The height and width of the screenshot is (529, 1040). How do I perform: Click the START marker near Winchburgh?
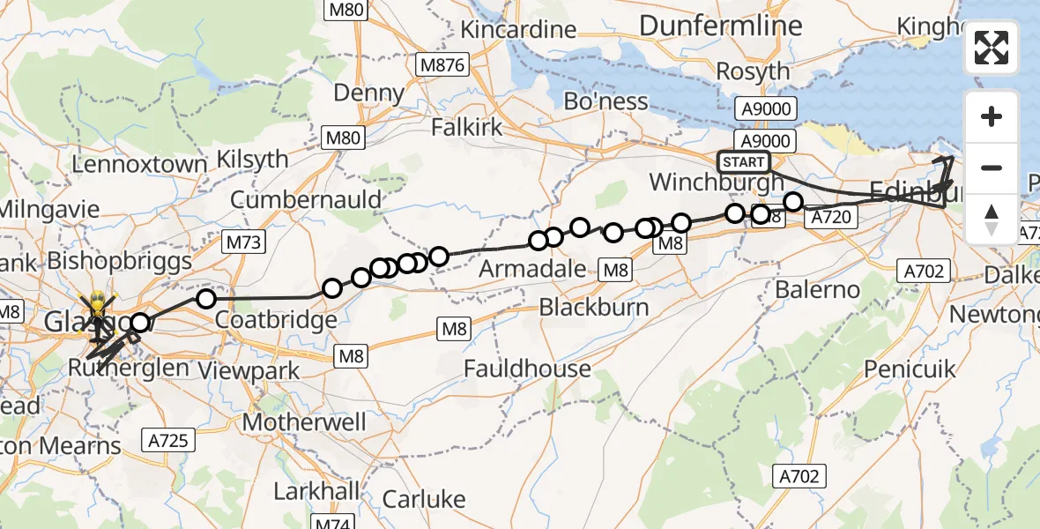coord(743,162)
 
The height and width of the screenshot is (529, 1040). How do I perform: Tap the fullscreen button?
coord(992,48)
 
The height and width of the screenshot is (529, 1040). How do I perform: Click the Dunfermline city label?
coord(721,26)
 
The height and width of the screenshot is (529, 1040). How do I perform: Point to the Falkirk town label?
coord(467,127)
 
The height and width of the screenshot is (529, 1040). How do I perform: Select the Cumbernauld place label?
coord(306,199)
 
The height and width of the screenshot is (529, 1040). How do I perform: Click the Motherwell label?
coord(304,422)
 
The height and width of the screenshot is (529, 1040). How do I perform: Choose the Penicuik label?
coord(910,369)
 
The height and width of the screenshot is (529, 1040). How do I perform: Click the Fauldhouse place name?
coord(528,368)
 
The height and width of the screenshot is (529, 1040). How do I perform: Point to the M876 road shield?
coord(443,64)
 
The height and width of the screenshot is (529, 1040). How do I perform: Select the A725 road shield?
coord(168,439)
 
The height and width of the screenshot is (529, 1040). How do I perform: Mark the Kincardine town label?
coord(517,29)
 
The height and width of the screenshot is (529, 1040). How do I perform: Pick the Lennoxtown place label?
coord(140,165)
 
